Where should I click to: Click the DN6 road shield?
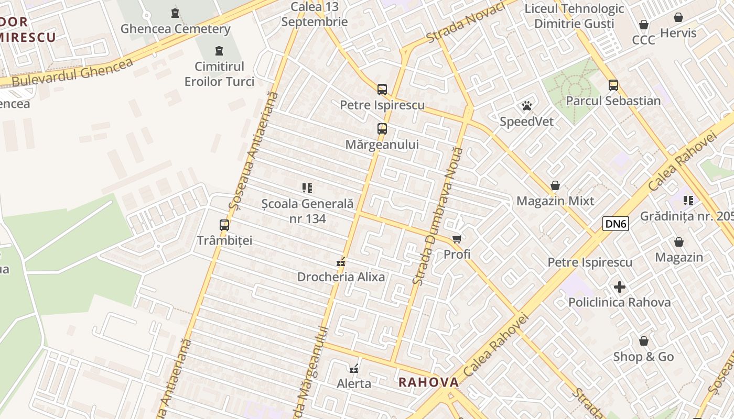tap(616, 224)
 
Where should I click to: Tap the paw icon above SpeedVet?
tap(527, 106)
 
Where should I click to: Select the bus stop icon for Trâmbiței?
tap(224, 225)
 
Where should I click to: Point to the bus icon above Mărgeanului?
tap(382, 128)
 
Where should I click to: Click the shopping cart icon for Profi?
tap(457, 239)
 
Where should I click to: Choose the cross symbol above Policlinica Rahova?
tap(620, 287)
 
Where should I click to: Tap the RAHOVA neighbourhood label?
tap(428, 382)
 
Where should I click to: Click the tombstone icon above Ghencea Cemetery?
tap(175, 13)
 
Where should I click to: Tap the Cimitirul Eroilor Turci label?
tap(219, 74)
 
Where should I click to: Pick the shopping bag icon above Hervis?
tap(678, 17)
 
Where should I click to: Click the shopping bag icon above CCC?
tap(644, 25)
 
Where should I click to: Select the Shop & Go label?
tap(643, 357)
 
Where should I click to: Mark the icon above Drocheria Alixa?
tap(341, 261)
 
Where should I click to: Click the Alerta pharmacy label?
tap(354, 383)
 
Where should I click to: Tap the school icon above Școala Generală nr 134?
tap(307, 188)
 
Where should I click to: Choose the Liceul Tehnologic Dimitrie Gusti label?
tap(574, 16)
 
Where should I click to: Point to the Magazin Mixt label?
tap(555, 201)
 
